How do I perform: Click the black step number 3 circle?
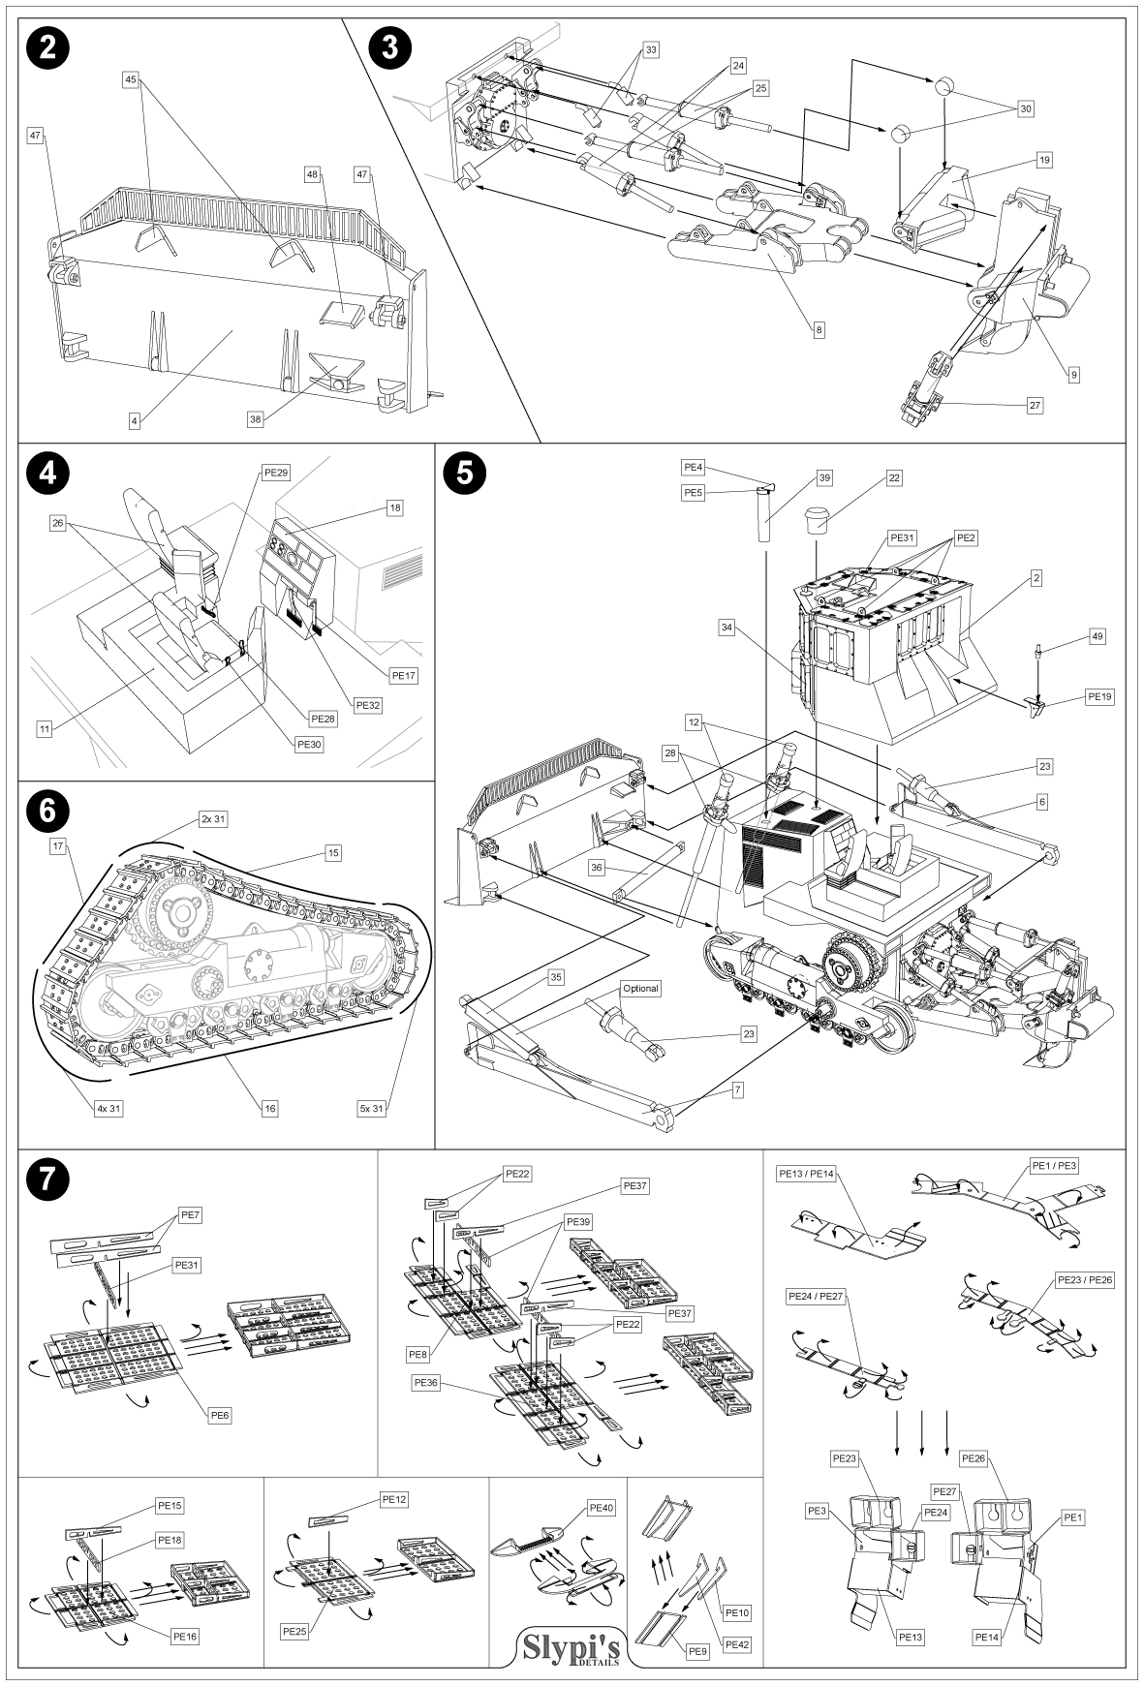(x=390, y=48)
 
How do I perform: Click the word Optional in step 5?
(x=640, y=989)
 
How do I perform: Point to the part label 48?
(x=312, y=174)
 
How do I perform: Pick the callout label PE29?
(x=276, y=473)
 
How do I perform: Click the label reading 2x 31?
(x=214, y=819)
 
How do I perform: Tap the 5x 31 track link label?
(x=372, y=1108)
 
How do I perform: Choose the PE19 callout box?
(x=1099, y=695)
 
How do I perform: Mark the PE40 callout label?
(x=601, y=1508)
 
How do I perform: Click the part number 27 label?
(x=1036, y=406)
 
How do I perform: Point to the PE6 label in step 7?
(x=219, y=1415)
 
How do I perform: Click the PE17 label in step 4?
(x=403, y=676)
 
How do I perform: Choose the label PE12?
(x=394, y=1499)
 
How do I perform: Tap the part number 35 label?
(x=555, y=977)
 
